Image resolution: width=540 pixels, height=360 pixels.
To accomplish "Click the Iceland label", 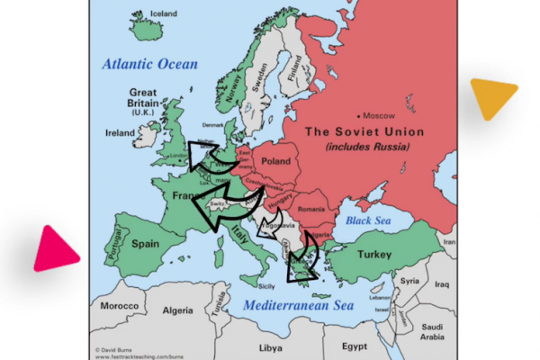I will click(x=153, y=14).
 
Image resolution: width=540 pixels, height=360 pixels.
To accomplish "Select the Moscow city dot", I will click(x=360, y=115).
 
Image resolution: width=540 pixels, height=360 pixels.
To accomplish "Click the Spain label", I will click(x=146, y=243).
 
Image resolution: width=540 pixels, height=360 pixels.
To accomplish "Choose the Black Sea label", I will click(x=365, y=220).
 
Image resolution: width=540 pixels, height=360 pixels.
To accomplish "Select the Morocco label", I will click(x=120, y=306).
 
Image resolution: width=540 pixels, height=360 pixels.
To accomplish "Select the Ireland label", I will click(x=119, y=132).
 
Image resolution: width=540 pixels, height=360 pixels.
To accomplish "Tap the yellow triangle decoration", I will click(x=493, y=97).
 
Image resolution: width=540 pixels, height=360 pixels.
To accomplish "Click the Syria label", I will click(x=410, y=280).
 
